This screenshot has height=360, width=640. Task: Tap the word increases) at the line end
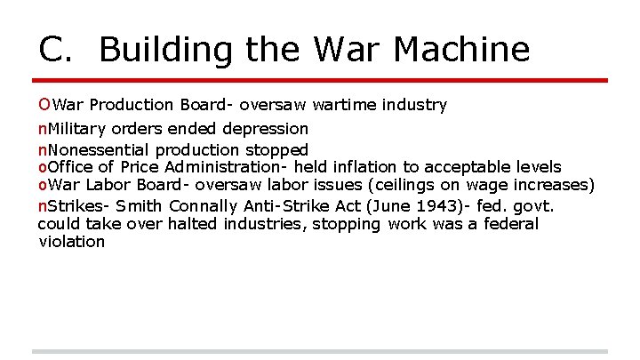[553, 186]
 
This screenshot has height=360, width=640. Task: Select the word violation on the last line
[71, 242]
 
